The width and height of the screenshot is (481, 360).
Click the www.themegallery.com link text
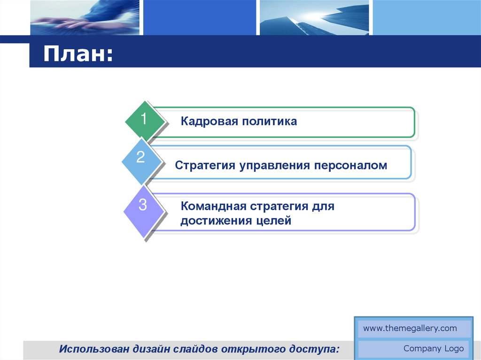click(410, 329)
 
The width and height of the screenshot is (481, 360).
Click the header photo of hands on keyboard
click(85, 17)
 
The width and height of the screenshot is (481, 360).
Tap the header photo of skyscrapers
click(314, 17)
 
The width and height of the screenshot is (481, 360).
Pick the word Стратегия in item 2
click(205, 166)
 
